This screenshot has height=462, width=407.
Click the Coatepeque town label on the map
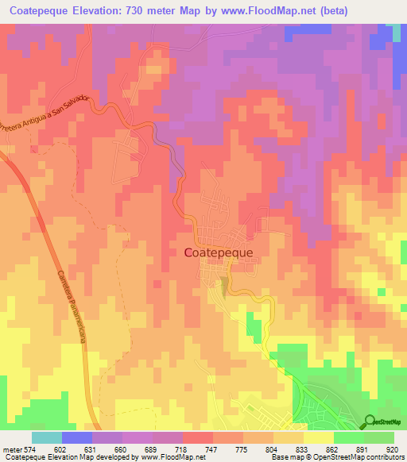click(x=219, y=252)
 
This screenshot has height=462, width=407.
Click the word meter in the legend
click(x=14, y=448)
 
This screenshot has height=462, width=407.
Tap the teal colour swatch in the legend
click(x=47, y=437)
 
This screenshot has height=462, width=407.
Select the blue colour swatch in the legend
click(x=77, y=437)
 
